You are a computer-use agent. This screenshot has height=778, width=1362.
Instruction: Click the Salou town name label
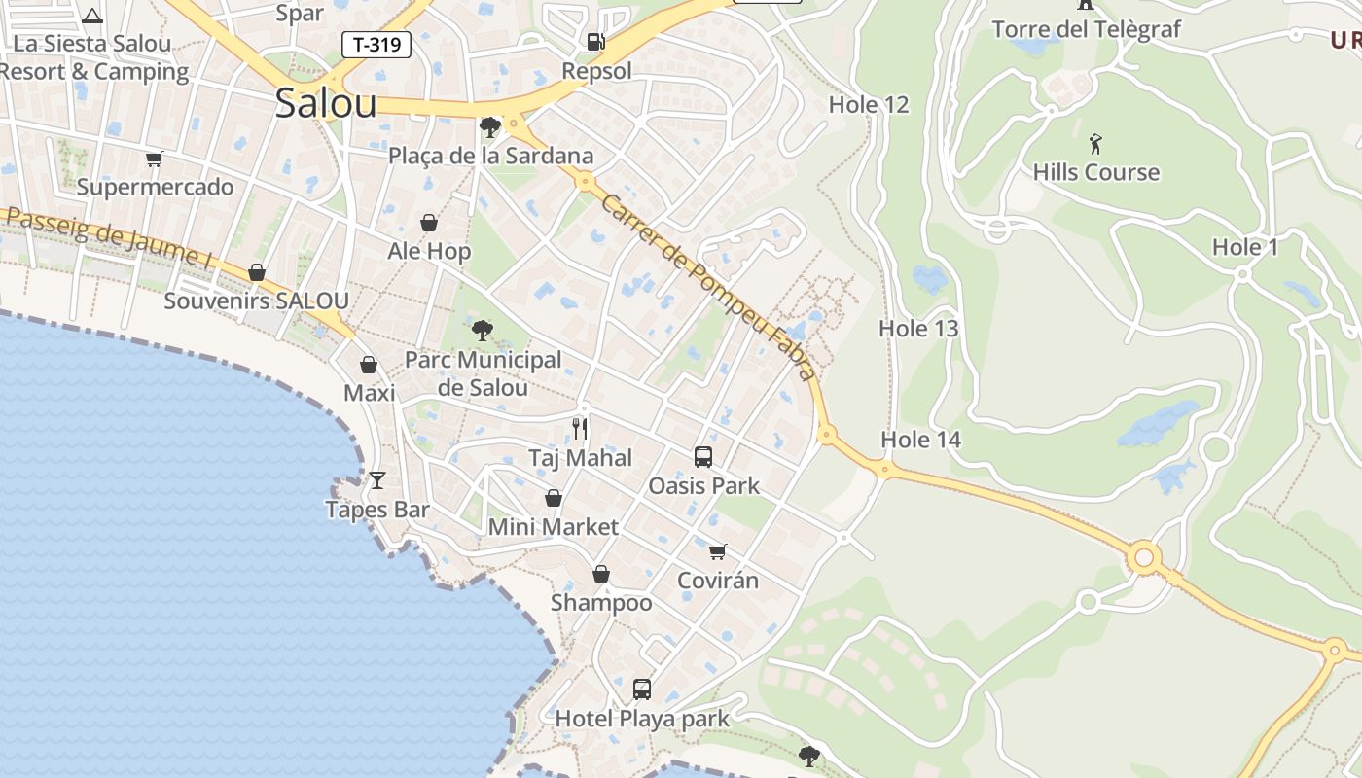[325, 103]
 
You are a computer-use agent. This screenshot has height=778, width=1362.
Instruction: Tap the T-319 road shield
[376, 44]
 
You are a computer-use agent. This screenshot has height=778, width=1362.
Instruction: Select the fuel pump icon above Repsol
[595, 41]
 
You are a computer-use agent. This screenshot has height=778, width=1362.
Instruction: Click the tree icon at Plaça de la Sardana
[490, 126]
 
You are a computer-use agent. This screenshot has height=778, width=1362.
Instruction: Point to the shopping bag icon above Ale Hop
[429, 223]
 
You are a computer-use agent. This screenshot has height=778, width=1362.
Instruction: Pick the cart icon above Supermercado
[155, 159]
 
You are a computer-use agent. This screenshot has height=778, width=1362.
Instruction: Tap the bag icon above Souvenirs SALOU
[257, 272]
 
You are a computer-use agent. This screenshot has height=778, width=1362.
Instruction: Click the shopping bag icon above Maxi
[369, 365]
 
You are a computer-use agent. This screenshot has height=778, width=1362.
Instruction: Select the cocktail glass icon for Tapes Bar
[377, 479]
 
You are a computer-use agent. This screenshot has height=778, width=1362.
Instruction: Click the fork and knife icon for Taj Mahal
[580, 428]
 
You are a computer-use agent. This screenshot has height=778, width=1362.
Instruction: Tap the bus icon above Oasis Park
[703, 456]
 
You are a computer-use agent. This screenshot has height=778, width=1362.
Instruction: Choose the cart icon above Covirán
[718, 551]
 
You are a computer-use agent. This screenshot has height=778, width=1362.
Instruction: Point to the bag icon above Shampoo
[601, 574]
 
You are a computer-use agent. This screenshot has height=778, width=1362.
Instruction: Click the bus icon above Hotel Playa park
[642, 690]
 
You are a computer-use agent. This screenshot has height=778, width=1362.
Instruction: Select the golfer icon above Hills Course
[1096, 144]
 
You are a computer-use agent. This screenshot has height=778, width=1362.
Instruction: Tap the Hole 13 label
[918, 329]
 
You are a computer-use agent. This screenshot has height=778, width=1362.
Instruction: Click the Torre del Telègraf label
[1087, 29]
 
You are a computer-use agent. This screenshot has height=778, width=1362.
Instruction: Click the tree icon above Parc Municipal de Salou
[483, 331]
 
